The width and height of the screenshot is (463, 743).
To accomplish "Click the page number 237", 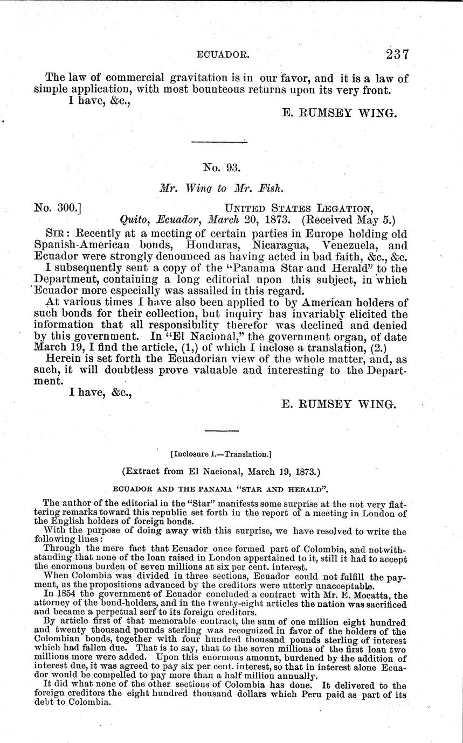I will pos(397,54).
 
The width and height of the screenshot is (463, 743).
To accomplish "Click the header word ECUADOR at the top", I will pos(220,55).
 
